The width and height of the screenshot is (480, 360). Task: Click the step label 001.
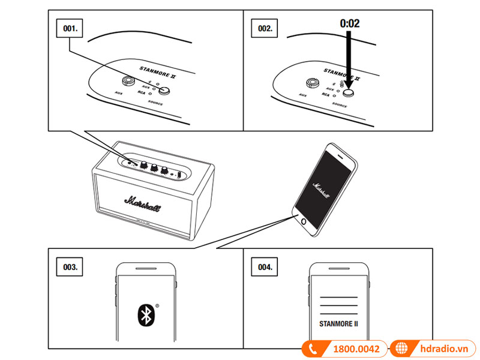point(67,28)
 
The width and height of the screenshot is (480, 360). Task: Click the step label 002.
point(265,28)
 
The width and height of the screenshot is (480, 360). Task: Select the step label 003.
point(67,266)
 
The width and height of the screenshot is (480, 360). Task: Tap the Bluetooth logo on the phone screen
point(145,315)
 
